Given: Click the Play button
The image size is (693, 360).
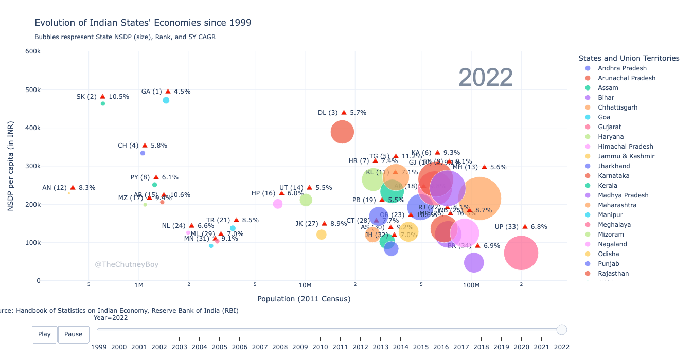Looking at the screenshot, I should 44,334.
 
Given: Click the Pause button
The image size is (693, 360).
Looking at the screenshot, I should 73,334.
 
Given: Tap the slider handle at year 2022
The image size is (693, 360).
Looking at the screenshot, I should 562,330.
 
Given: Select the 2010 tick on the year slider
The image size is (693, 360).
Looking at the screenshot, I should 320,347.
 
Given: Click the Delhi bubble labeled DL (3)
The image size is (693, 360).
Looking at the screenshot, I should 342,132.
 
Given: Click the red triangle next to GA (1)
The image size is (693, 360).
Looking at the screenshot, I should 168,92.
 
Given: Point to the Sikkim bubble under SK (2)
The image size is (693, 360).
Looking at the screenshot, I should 103,103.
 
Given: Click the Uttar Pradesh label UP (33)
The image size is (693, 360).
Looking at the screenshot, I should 507,227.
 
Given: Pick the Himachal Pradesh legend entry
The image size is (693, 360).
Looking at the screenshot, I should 625,147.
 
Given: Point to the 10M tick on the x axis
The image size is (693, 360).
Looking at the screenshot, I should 305,285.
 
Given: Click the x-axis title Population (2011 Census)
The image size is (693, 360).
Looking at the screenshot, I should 304,299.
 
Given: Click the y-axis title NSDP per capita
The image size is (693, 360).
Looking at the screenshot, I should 10,166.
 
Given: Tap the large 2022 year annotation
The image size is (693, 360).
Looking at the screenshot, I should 485,78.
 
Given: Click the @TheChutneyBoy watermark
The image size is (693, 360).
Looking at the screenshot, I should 127,264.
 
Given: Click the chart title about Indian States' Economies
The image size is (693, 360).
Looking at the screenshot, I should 143,23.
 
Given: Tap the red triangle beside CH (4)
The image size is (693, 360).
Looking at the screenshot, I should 145,146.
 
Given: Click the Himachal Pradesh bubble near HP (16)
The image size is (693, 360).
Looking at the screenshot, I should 278,204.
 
